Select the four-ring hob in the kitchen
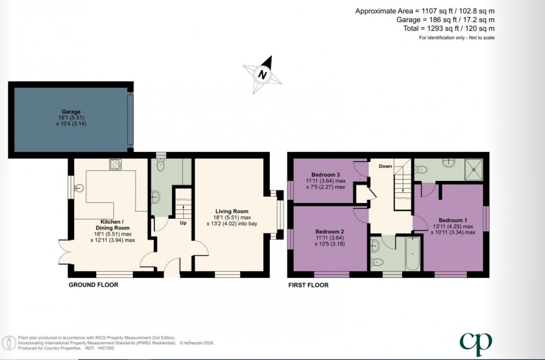pyautogui.click(x=116, y=165)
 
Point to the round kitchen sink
pyautogui.click(x=79, y=187)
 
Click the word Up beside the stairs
pyautogui.click(x=183, y=223)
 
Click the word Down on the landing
pyautogui.click(x=386, y=166)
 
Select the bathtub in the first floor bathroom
pyautogui.click(x=413, y=255)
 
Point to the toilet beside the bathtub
pyautogui.click(x=376, y=262)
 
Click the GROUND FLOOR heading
pyautogui.click(x=93, y=285)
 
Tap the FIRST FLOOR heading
pyautogui.click(x=307, y=285)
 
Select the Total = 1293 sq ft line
pyautogui.click(x=449, y=28)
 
